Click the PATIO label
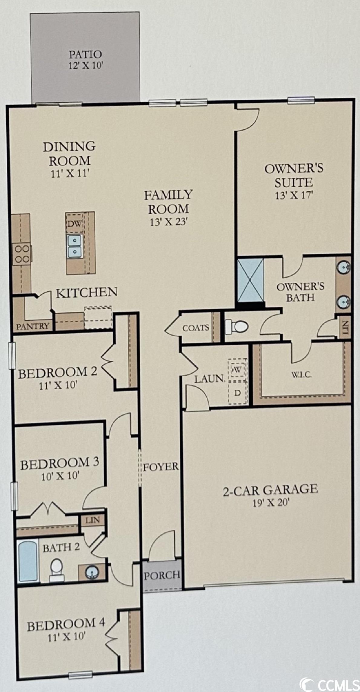point(85,55)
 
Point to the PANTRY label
point(33,326)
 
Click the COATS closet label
point(196,328)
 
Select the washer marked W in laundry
point(237,369)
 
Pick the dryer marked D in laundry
point(237,393)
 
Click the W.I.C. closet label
point(302,375)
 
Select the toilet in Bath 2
point(57,569)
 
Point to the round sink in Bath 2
point(92,571)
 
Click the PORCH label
point(162,575)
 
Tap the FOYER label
point(161,466)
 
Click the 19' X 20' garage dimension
point(271,503)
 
